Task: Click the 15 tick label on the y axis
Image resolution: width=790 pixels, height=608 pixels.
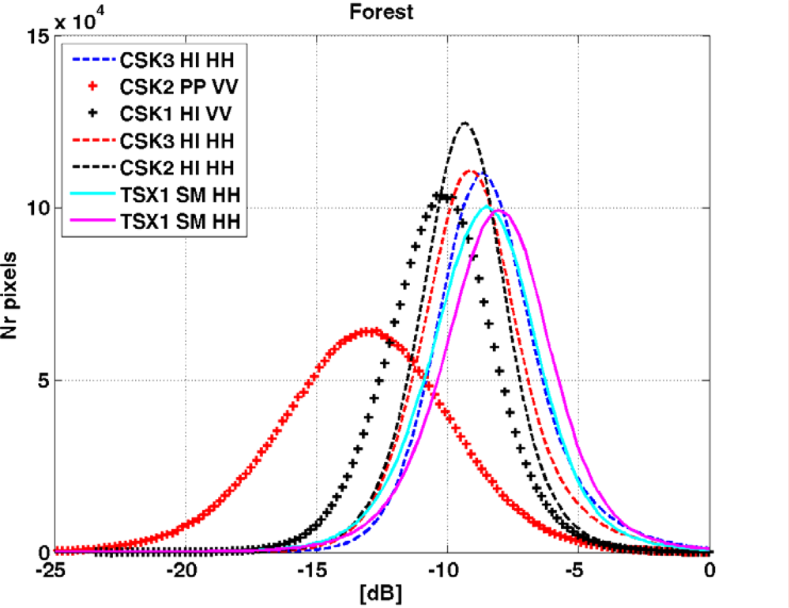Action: pos(38,36)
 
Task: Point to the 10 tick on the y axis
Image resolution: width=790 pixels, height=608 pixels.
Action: pos(38,208)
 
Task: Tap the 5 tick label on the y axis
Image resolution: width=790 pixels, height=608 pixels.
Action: pos(43,381)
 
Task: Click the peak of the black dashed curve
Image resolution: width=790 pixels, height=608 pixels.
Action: pos(465,123)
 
